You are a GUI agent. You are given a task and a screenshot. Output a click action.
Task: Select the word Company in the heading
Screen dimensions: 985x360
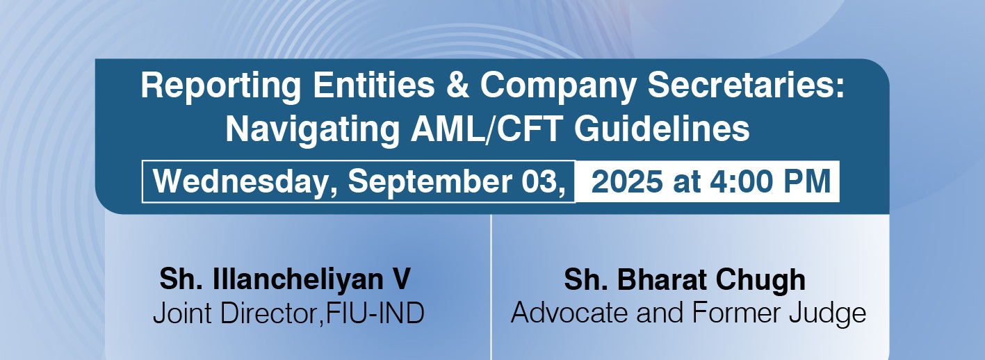tap(558, 87)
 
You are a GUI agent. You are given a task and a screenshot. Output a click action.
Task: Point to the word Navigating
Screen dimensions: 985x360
tap(312, 131)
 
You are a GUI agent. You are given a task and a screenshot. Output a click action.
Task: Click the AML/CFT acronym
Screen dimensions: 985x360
tap(487, 129)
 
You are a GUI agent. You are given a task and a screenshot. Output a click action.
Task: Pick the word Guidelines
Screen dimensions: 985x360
tap(662, 129)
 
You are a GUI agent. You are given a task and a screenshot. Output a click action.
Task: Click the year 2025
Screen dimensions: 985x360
tap(627, 181)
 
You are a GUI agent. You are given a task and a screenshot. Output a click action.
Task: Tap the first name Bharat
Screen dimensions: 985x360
tap(661, 279)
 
